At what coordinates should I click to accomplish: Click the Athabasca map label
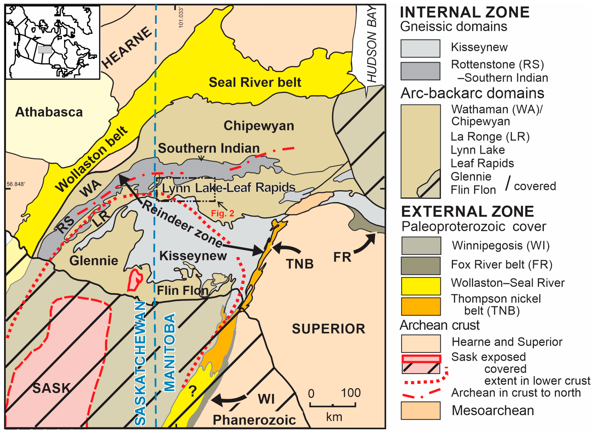(49, 112)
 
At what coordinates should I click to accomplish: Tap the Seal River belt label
(255, 82)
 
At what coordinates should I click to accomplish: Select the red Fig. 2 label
(222, 213)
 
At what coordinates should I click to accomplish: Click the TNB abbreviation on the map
(300, 264)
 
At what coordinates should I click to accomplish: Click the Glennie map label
(94, 261)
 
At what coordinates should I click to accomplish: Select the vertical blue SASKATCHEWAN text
(140, 363)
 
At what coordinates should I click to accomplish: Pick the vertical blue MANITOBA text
(169, 352)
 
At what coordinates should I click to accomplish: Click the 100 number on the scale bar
(351, 393)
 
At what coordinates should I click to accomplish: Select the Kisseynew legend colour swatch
(420, 48)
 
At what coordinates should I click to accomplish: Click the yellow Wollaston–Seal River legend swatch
(421, 286)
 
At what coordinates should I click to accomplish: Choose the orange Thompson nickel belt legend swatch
(421, 306)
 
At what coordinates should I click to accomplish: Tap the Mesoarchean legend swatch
(420, 410)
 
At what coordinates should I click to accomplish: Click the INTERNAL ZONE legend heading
(465, 12)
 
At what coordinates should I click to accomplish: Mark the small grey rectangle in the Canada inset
(45, 50)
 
